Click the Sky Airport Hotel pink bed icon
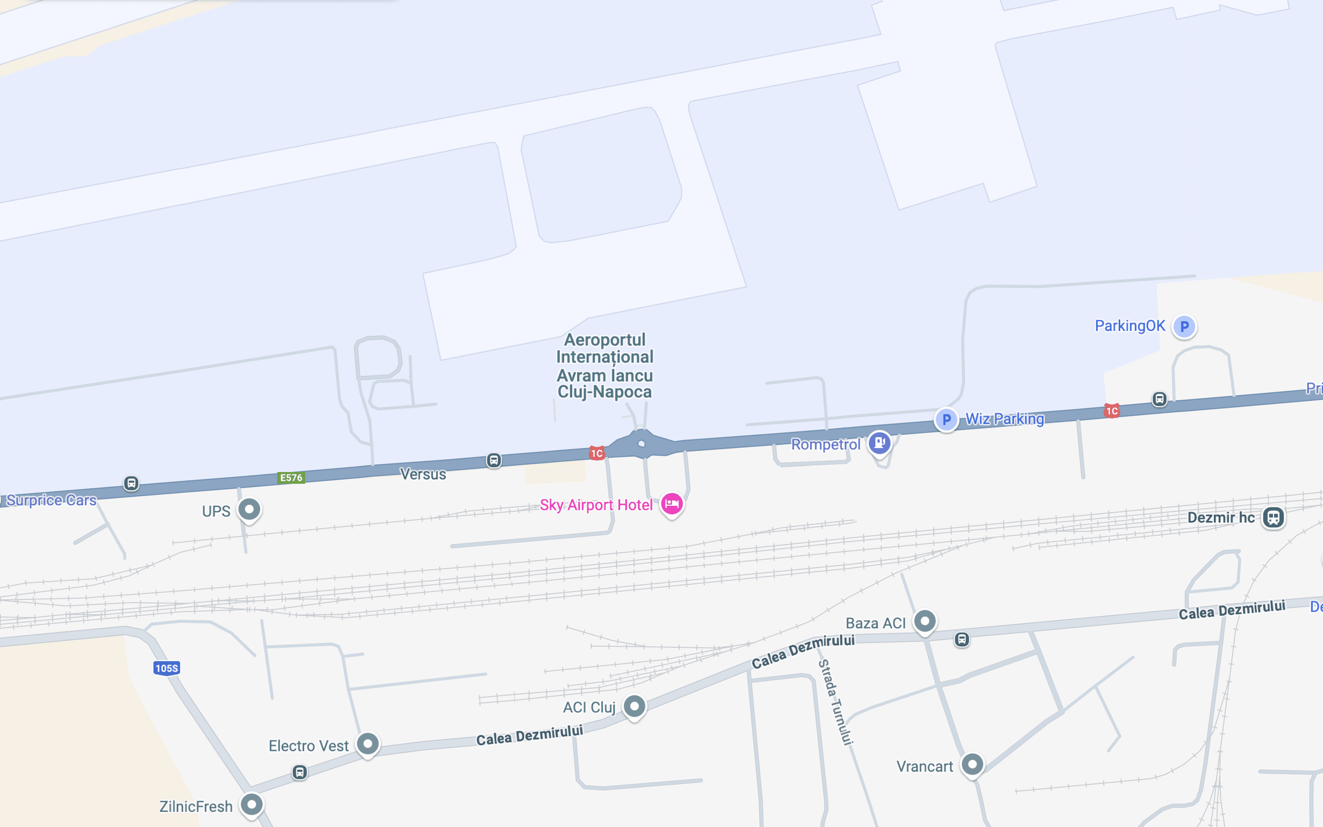tap(672, 503)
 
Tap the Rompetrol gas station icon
tap(879, 443)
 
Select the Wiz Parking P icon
tap(946, 420)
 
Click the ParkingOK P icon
tap(1184, 327)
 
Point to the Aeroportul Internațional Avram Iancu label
tap(604, 365)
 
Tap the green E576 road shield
tap(291, 477)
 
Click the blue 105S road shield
tap(167, 668)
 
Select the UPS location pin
tap(249, 509)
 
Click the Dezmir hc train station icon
tap(1273, 517)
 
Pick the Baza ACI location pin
tap(925, 621)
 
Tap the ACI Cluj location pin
tap(635, 706)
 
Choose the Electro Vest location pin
tap(368, 743)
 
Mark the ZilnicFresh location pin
tap(252, 804)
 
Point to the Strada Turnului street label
tap(836, 702)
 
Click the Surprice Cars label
tap(51, 500)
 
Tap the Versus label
tap(423, 474)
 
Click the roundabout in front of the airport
tap(641, 444)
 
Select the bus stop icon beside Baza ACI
tap(962, 639)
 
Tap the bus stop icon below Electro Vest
tap(299, 772)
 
